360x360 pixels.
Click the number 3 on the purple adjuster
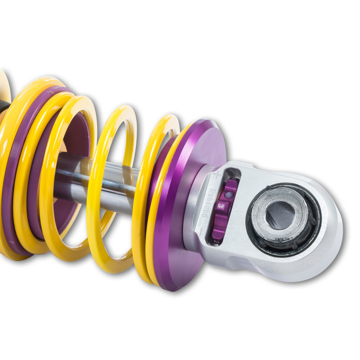tap(221, 205)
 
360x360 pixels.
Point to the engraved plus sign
tap(217, 173)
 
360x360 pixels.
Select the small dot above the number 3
tap(228, 194)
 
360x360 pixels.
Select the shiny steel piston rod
tap(112, 180)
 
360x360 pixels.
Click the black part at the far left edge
tap(4, 110)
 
